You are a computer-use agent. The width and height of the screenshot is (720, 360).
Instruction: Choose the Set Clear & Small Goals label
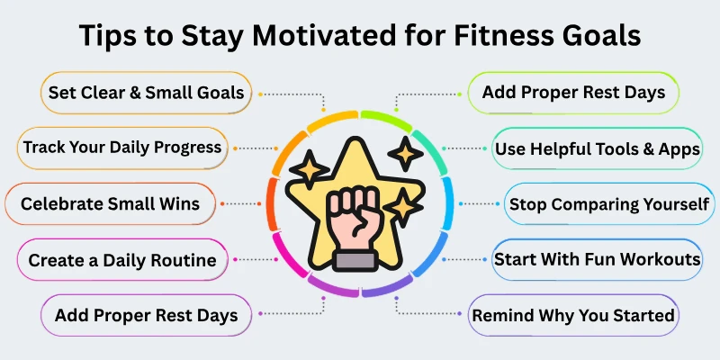tap(146, 92)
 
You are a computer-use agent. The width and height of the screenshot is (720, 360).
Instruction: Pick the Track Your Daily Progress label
tap(122, 147)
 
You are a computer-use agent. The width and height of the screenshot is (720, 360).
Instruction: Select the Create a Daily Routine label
tap(122, 260)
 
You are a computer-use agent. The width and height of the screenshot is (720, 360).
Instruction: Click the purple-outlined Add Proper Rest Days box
tap(146, 315)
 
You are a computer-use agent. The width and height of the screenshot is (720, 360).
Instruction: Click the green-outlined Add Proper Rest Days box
tap(572, 92)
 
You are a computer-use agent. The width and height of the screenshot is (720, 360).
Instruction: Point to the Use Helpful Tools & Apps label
tap(597, 148)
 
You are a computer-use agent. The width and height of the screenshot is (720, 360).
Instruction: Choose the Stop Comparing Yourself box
tap(608, 204)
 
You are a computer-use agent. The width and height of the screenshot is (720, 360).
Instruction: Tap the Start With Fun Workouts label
tap(597, 260)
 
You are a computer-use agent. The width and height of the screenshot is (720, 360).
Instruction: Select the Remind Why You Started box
tap(573, 315)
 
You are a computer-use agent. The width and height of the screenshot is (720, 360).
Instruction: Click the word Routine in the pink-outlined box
tap(184, 260)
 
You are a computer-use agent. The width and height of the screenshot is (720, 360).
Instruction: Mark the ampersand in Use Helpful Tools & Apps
tap(655, 148)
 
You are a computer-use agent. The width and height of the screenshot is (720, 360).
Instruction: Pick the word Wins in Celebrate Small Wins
tap(179, 203)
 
